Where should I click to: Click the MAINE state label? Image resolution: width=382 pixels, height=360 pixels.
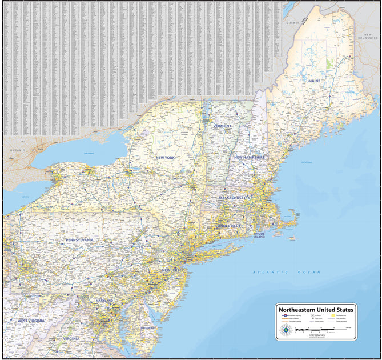[x=315, y=81]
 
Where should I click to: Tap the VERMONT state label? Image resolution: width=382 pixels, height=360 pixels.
[x=223, y=126]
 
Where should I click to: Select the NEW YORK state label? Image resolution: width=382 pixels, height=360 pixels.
[x=166, y=157]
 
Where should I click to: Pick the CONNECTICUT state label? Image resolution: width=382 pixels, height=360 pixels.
[x=228, y=226]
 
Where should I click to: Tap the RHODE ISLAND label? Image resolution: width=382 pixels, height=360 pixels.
[x=259, y=235]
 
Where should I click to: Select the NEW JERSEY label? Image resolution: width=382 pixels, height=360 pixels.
[x=173, y=270]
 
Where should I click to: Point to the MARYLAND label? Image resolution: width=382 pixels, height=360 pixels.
[x=104, y=301]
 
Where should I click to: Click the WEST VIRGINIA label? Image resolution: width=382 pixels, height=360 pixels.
[x=31, y=321]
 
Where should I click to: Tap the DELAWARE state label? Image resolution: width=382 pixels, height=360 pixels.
[x=148, y=329]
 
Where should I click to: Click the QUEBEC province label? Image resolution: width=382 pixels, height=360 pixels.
[x=293, y=22]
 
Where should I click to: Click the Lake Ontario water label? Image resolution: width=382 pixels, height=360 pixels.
[x=89, y=153]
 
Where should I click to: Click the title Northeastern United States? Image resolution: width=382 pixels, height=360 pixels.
[x=316, y=310]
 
